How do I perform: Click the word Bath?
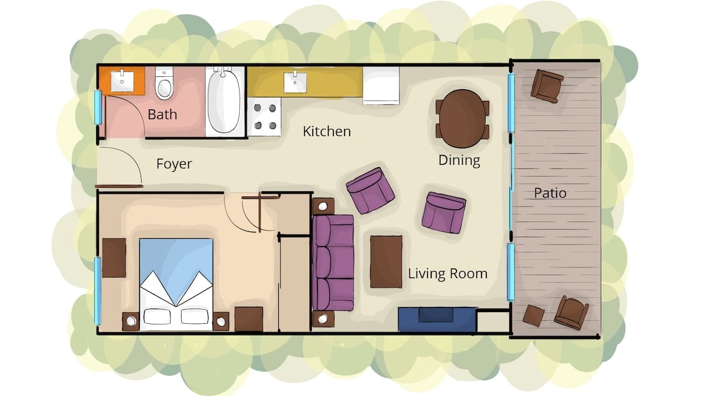pos(162,114)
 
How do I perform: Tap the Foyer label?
pos(174,164)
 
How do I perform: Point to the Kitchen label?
pos(327,131)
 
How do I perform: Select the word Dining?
pos(459,160)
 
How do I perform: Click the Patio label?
pos(550,193)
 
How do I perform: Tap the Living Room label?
pos(448,273)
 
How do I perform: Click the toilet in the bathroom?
pos(164,83)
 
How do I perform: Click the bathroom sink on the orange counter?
pos(122,81)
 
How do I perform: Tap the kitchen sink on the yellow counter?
pos(295,82)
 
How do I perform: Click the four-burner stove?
pos(265,117)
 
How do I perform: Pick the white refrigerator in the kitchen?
pos(381,86)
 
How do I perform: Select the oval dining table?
pos(463,119)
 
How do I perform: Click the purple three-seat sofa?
pos(333,263)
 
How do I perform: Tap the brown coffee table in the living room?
pos(386,262)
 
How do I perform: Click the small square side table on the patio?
pos(534,316)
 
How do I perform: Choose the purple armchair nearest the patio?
pos(444,213)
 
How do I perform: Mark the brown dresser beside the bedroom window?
pos(114,258)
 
